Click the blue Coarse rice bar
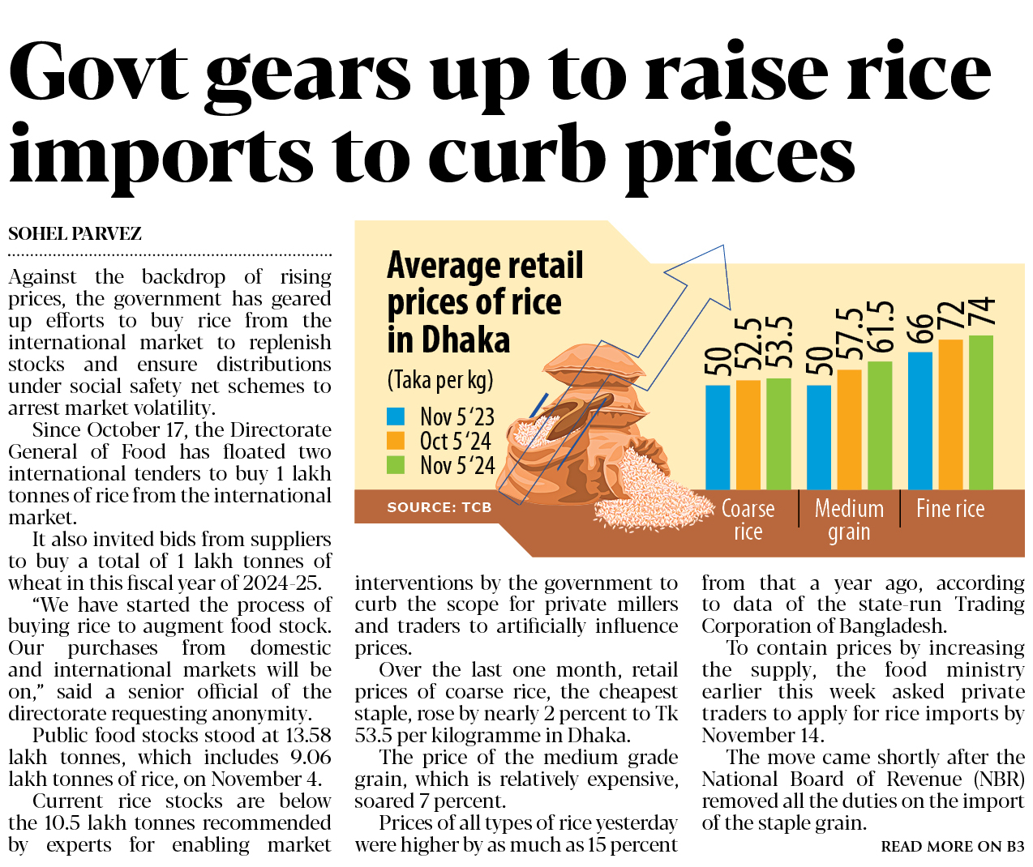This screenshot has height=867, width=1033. point(718,437)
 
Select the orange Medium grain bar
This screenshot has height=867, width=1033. point(849,429)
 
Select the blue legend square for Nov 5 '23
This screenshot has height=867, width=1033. point(396,416)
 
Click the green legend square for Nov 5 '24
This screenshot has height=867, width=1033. point(396,465)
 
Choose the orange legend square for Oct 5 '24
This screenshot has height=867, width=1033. point(396,441)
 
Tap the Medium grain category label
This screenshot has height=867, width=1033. point(849,519)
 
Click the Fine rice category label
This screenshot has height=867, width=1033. point(950,509)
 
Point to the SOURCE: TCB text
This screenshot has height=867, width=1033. point(439,507)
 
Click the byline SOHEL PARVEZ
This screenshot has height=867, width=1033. point(75,234)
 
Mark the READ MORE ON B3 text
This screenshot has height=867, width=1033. point(953,847)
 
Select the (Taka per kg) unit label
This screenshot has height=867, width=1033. point(439,379)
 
